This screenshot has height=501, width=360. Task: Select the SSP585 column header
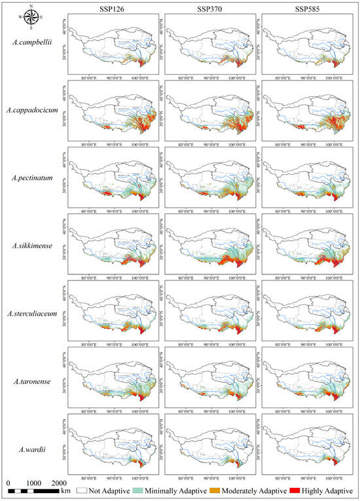pyautogui.click(x=306, y=7)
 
